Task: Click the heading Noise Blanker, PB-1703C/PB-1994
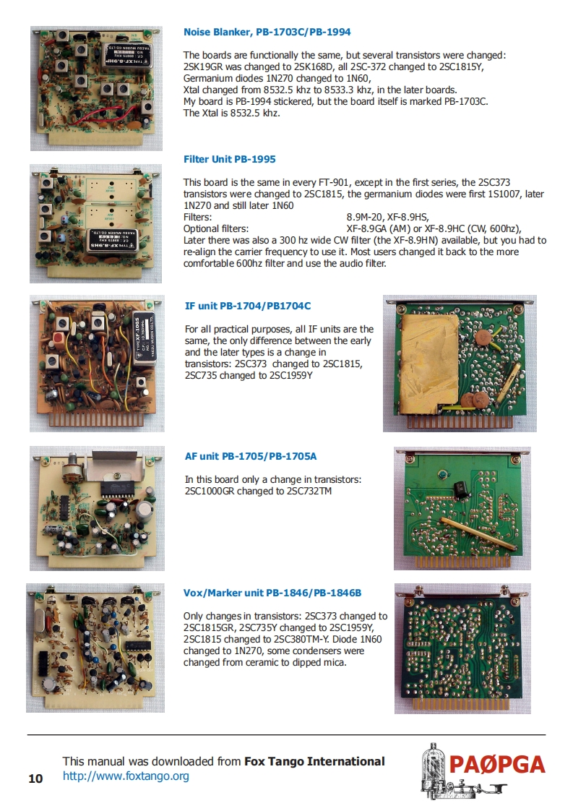(267, 32)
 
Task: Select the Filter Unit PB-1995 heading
(229, 159)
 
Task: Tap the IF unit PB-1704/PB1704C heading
(248, 306)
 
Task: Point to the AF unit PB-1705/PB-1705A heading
(251, 456)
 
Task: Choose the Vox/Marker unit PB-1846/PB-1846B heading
(272, 593)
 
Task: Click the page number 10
(35, 778)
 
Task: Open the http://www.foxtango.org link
(126, 776)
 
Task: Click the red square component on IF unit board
(60, 337)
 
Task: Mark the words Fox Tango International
(314, 761)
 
